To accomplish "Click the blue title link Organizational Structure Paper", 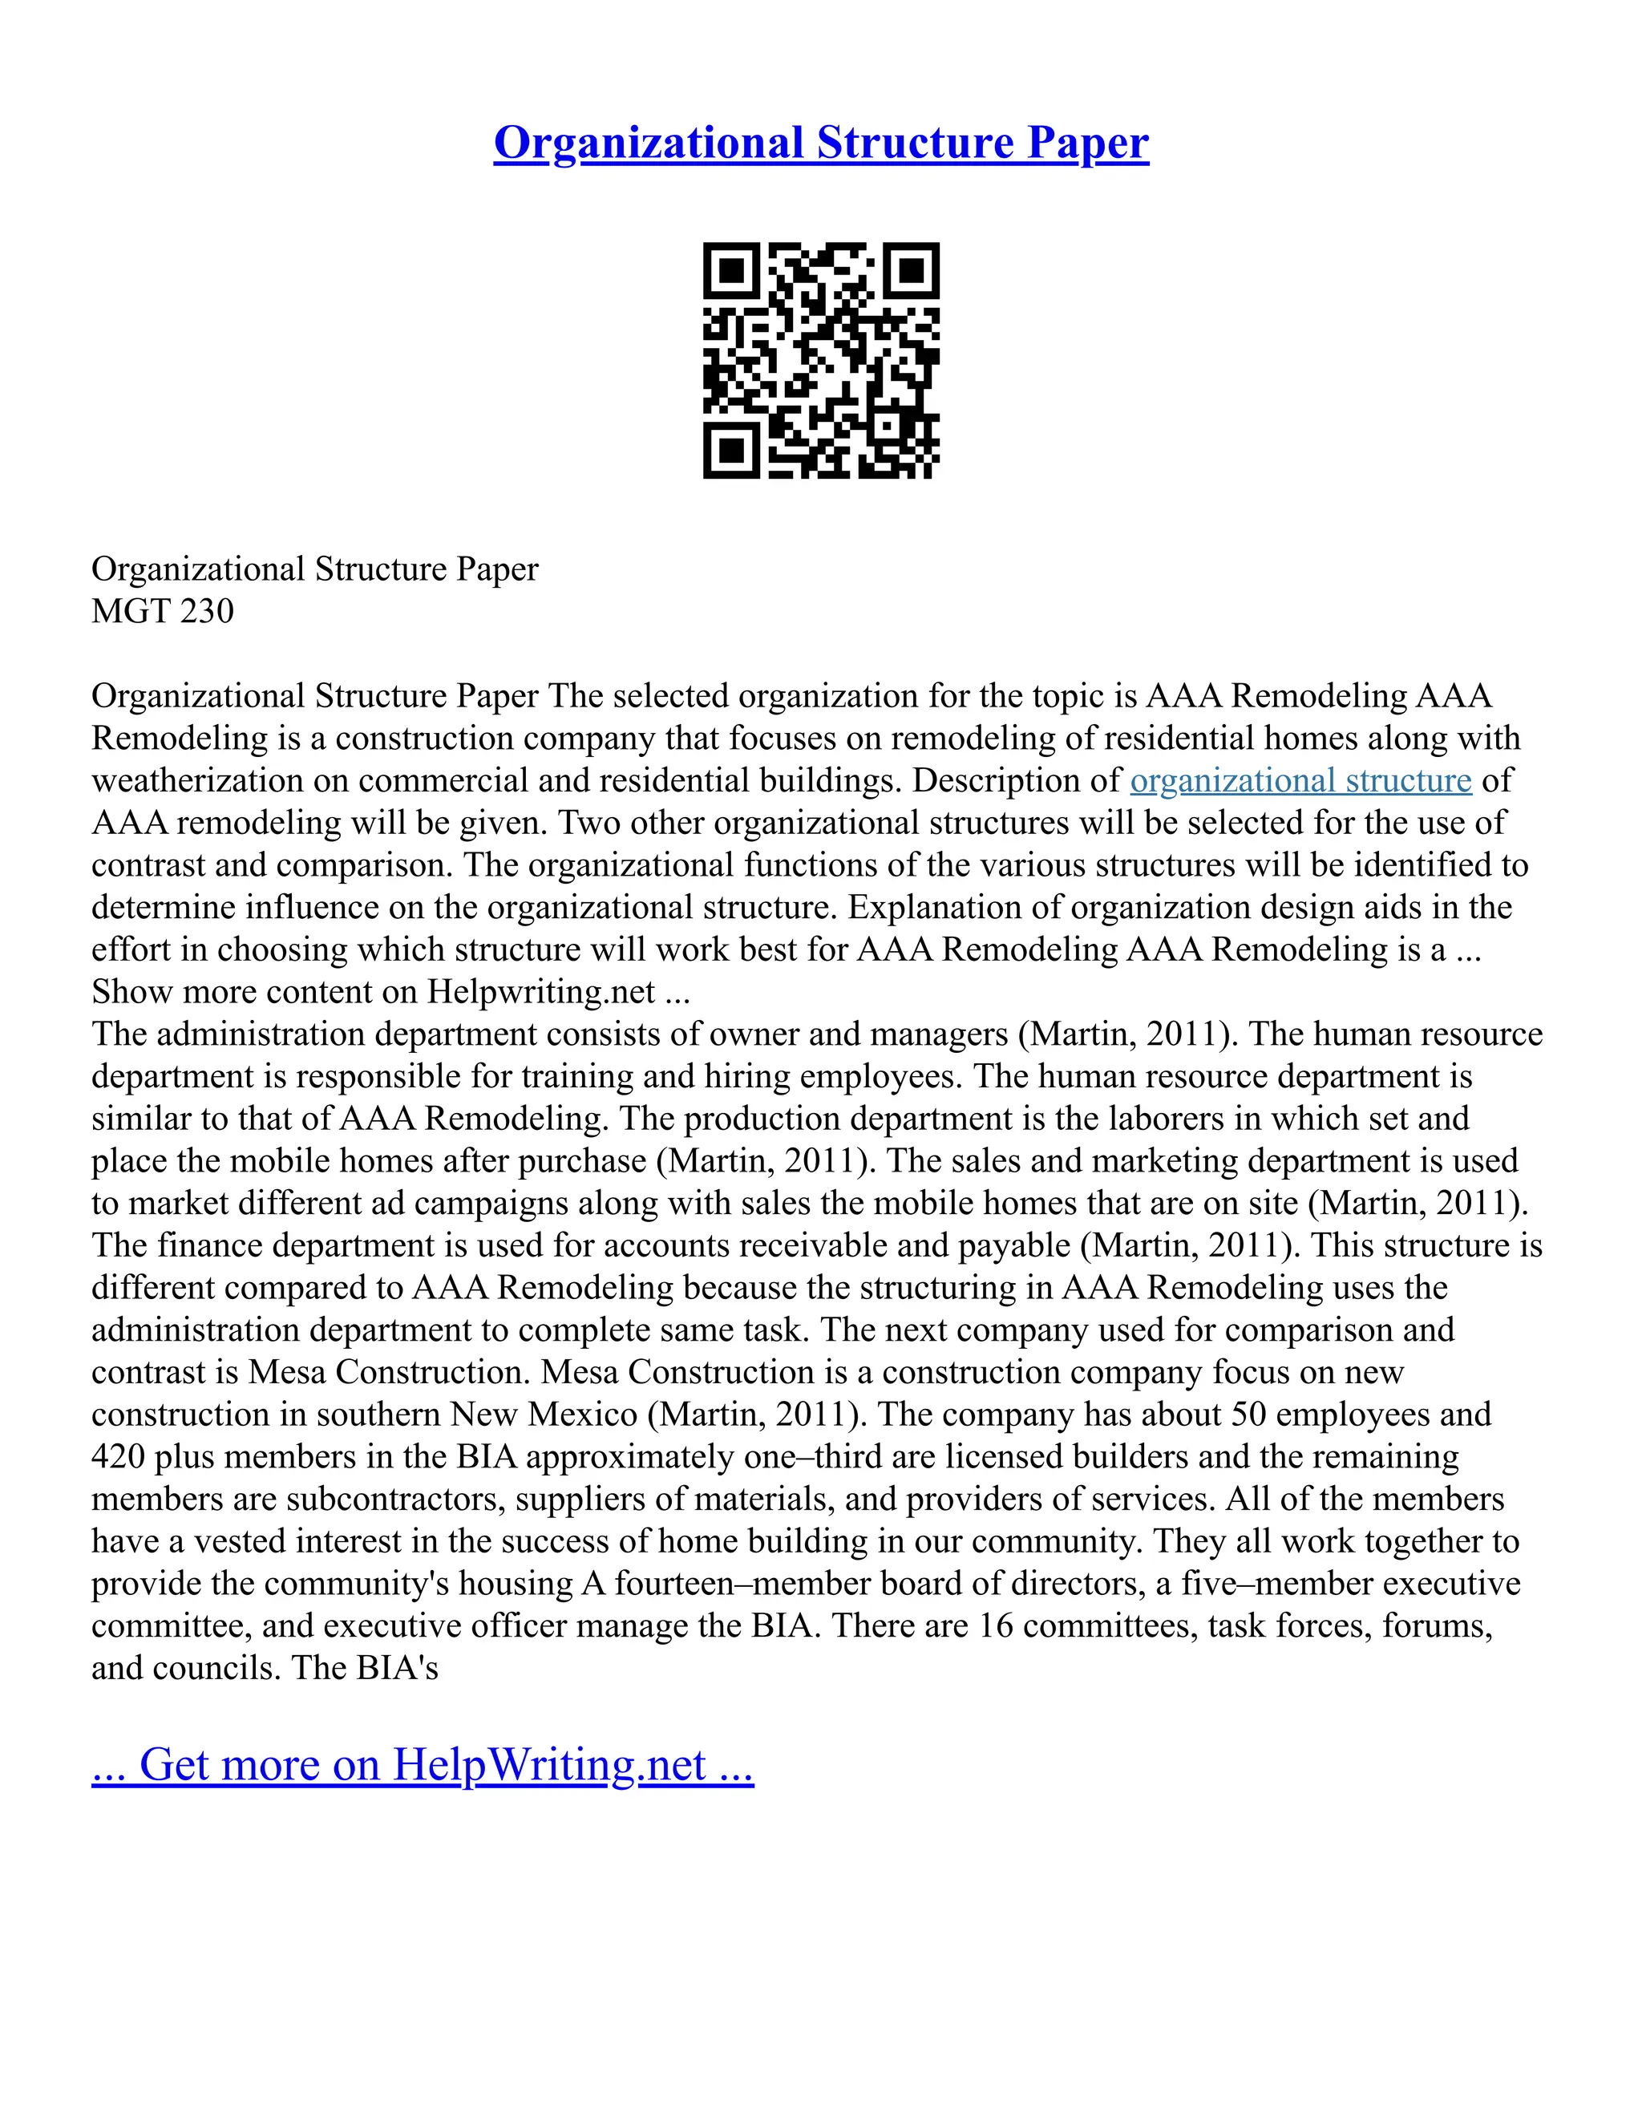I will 820,143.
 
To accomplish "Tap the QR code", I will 820,360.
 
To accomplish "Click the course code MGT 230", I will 163,611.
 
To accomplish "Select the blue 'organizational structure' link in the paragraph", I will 1300,780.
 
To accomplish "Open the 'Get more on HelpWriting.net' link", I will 423,1764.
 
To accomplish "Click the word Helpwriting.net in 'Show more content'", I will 541,991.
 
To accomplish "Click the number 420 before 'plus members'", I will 118,1456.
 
